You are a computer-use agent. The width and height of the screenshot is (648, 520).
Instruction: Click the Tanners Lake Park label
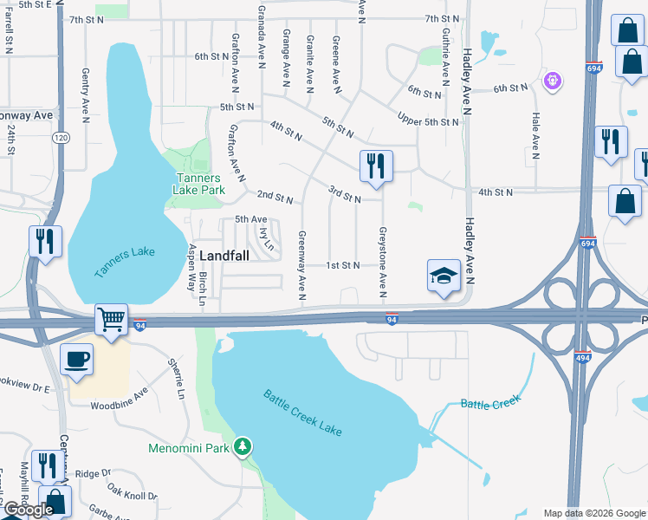(198, 183)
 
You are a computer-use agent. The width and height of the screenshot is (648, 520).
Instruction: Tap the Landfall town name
(228, 257)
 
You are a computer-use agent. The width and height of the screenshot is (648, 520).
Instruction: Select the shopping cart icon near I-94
(111, 321)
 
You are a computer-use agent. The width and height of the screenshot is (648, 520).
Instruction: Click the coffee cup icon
(77, 359)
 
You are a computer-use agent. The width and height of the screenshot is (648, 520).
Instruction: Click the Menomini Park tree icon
(244, 446)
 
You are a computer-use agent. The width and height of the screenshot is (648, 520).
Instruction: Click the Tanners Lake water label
(125, 263)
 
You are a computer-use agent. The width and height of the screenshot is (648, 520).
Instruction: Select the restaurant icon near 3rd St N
(376, 166)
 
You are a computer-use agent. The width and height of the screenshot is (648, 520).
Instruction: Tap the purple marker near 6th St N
(553, 81)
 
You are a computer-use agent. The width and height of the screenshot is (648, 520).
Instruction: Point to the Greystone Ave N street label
(381, 259)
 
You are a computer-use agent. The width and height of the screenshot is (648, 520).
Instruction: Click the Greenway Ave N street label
(302, 266)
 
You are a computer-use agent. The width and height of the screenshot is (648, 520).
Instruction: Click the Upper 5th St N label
(428, 120)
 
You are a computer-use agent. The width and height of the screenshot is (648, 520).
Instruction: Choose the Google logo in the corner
(29, 510)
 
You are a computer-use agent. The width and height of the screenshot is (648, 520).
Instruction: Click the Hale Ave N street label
(536, 136)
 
